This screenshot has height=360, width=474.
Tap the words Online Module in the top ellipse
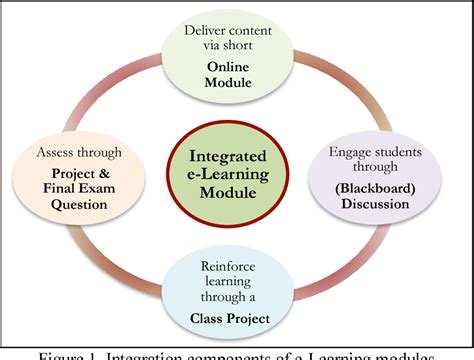(236, 76)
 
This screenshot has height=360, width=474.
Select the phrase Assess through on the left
(80, 152)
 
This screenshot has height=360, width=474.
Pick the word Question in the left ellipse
(80, 205)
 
